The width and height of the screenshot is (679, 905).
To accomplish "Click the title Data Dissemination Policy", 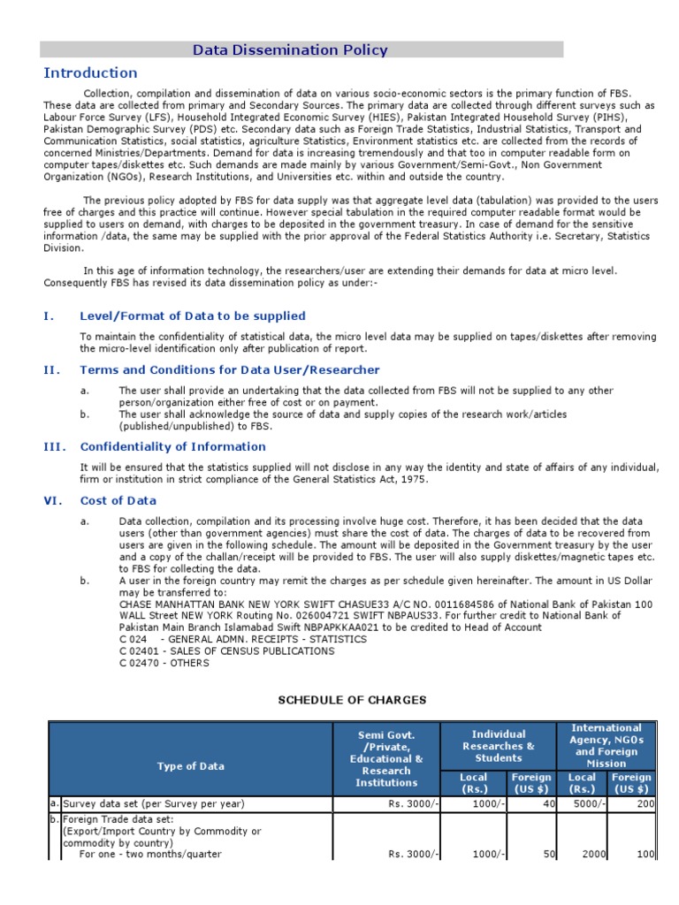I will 290,50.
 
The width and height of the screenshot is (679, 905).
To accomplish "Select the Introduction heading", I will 91,73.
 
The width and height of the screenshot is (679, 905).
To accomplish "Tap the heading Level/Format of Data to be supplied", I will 193,316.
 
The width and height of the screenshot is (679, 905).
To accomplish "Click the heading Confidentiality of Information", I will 172,446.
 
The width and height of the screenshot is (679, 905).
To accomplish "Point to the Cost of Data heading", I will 118,500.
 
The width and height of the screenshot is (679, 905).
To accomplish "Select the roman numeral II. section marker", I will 51,369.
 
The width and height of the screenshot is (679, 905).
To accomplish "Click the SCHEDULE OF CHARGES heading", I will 352,700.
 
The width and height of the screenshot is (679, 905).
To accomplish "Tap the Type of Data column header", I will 190,766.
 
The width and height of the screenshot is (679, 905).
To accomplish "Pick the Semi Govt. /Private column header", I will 386,758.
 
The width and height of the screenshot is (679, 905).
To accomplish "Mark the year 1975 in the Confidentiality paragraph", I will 412,479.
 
